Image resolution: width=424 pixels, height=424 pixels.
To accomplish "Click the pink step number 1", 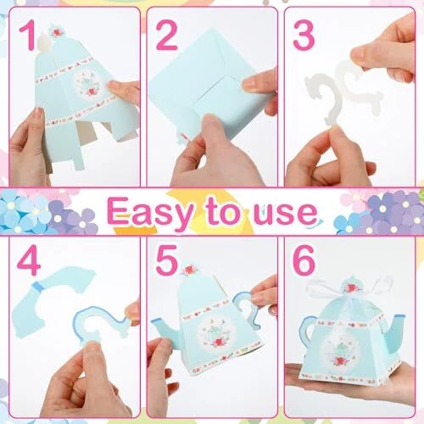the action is pos(27,35).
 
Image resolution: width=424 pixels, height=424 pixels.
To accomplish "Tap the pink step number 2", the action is pos(166,35).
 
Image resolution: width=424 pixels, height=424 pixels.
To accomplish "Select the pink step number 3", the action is pos(304,35).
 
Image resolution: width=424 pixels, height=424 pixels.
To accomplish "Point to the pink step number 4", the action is pos(29,260).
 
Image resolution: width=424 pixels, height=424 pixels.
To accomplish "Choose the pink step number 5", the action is pos(166,260).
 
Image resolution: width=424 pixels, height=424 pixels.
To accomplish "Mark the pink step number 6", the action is pos(304,260).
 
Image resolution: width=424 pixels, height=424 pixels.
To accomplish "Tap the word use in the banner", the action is pos(286,214).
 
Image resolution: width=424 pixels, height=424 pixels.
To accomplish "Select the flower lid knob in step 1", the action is pos(58,31).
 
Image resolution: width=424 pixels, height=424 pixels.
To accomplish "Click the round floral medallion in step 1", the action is pos(87,85).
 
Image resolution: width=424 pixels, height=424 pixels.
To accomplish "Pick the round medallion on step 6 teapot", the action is pos(341,350).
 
